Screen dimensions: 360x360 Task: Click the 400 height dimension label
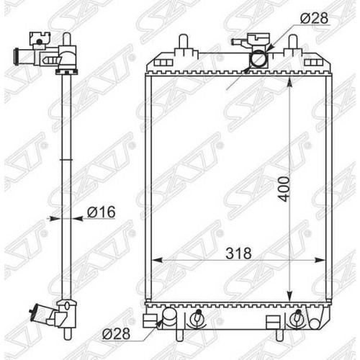[x=285, y=189]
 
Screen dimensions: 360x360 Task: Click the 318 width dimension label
[x=238, y=253]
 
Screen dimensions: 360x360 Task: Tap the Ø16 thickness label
[x=102, y=212]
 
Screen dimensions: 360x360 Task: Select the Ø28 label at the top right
[x=314, y=18]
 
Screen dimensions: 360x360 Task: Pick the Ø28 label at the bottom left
[x=116, y=333]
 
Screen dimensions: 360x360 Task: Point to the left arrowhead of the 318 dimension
[x=158, y=260]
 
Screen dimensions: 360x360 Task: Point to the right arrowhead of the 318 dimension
[x=320, y=260]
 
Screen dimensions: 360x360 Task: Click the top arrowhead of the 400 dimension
[x=290, y=82]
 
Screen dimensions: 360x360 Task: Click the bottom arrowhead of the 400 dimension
[x=290, y=294]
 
